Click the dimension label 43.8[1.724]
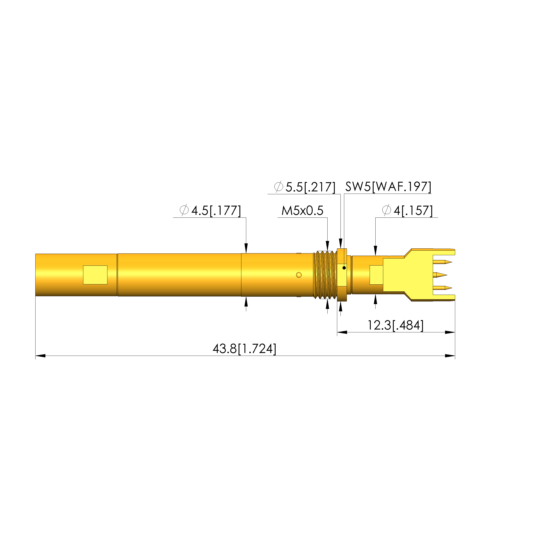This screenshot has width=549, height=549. [244, 349]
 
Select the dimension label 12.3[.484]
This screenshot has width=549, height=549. [396, 325]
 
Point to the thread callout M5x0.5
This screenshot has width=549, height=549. [302, 210]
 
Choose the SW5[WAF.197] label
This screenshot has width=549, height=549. [388, 187]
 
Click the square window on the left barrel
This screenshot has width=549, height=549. [95, 275]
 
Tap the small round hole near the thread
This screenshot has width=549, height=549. [299, 275]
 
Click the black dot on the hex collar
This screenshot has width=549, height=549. [344, 268]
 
